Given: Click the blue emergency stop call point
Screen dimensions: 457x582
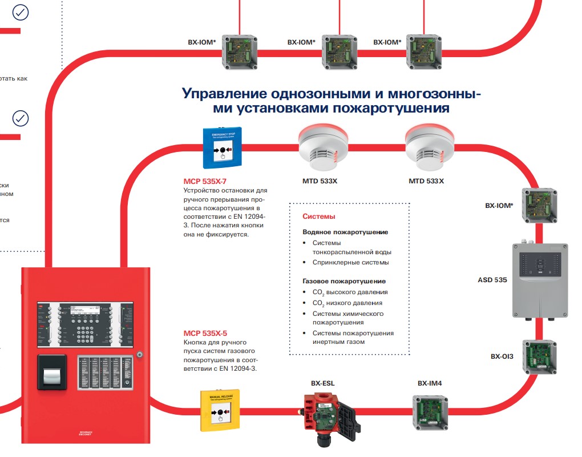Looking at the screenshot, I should pyautogui.click(x=222, y=147).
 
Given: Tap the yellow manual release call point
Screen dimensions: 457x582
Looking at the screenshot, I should pyautogui.click(x=220, y=407).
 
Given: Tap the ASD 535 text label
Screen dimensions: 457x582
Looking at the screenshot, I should pyautogui.click(x=492, y=280).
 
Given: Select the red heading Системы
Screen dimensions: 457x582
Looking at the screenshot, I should pyautogui.click(x=318, y=217).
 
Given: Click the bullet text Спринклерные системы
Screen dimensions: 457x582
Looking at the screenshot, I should pyautogui.click(x=350, y=262).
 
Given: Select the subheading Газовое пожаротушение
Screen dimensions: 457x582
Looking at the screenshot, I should pyautogui.click(x=344, y=281).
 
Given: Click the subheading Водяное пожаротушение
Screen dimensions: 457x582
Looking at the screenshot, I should pyautogui.click(x=345, y=232).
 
